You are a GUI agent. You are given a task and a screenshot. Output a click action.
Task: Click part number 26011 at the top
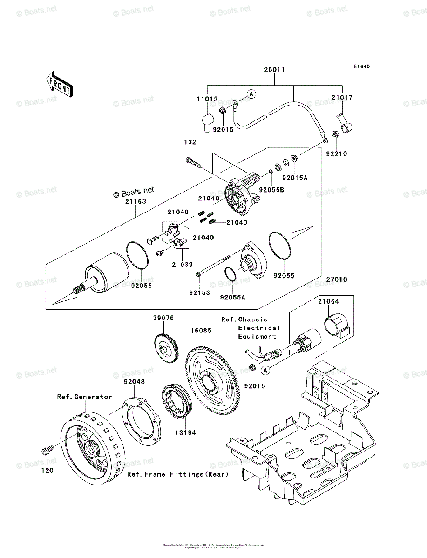tap(274, 70)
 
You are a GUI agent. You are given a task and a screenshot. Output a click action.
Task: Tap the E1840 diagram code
tap(361, 66)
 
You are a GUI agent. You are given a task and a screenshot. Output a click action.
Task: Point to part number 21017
tap(342, 98)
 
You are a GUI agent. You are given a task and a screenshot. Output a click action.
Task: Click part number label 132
tap(190, 142)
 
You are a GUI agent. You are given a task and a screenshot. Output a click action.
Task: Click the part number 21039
tap(181, 264)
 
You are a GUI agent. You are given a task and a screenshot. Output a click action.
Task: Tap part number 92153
tap(200, 293)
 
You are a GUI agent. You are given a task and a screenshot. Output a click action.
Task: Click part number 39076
tap(163, 318)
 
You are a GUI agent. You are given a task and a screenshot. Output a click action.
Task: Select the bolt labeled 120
tap(46, 451)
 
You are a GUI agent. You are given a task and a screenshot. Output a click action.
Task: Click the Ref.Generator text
tap(84, 397)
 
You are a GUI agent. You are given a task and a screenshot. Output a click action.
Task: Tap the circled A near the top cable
tap(251, 94)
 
